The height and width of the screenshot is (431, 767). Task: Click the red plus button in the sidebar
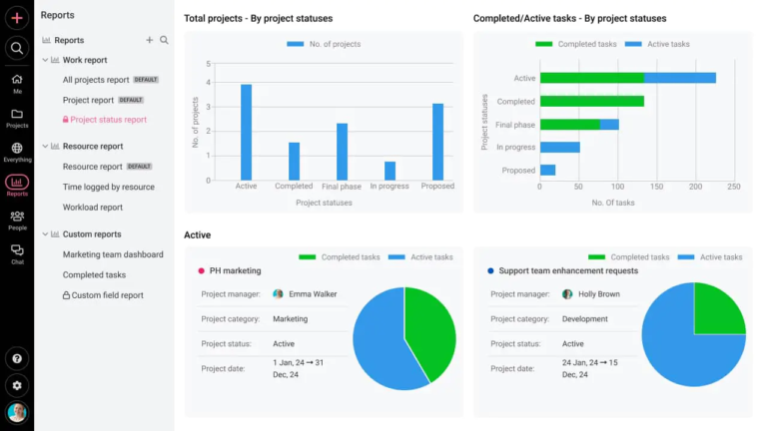[17, 17]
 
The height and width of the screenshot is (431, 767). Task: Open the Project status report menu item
[108, 120]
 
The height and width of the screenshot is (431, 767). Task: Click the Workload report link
[93, 208]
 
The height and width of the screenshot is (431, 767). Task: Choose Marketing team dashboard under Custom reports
[113, 254]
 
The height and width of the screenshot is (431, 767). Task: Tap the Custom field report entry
[107, 295]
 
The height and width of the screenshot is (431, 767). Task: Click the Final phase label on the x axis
[342, 187]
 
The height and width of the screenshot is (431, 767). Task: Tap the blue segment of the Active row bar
[679, 78]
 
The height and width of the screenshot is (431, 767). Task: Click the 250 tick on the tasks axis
[734, 187]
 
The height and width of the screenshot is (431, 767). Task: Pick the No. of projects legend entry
[324, 44]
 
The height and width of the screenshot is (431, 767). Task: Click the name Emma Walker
[313, 294]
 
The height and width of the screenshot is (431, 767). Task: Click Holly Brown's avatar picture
[567, 294]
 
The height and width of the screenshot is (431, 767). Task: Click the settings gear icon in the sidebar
[17, 384]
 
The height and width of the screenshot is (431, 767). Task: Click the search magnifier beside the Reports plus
[165, 40]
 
